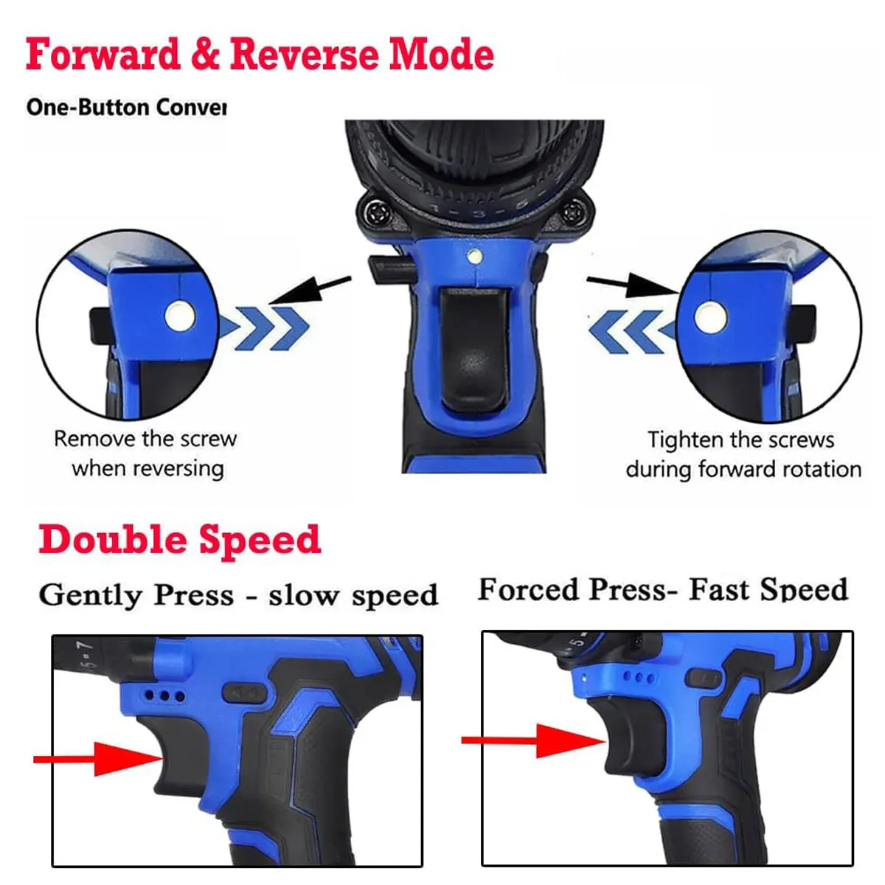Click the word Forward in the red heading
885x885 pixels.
103,55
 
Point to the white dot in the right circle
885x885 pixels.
711,317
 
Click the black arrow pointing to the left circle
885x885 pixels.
310,289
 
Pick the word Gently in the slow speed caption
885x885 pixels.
91,595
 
